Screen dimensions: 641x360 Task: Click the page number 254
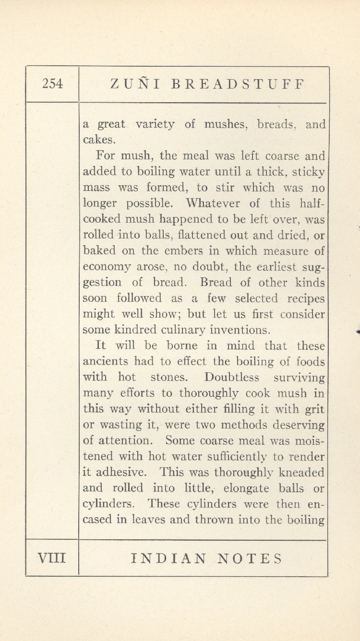[52, 84]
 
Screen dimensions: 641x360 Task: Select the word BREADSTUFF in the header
[238, 84]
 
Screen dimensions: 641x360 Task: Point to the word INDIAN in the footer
[169, 558]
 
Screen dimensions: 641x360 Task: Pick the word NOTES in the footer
[250, 558]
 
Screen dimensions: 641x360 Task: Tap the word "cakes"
[98, 140]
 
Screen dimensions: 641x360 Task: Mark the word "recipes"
[306, 298]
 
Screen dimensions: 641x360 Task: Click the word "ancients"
[105, 361]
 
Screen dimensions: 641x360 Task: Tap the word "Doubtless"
[232, 377]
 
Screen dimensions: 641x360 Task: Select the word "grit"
[314, 409]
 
